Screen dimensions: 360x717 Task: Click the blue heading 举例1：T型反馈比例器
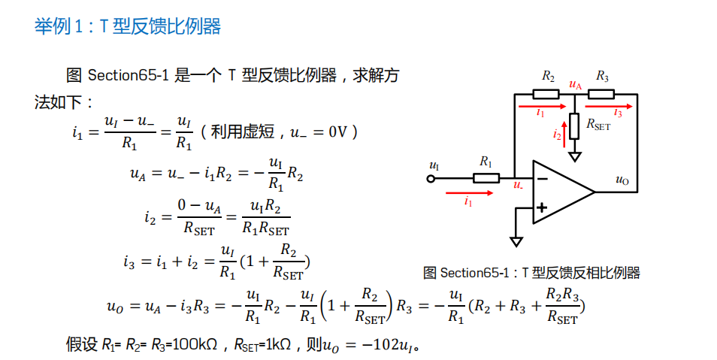coord(128,26)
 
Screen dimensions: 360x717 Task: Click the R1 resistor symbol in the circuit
coord(486,178)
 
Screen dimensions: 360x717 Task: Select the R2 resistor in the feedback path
coord(546,94)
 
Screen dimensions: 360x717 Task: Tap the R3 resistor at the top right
coord(601,94)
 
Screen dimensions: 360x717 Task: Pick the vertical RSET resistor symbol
coord(575,126)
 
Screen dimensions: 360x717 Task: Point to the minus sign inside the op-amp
coord(541,178)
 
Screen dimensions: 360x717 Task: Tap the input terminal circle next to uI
coord(431,179)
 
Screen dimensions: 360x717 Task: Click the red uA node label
coord(576,84)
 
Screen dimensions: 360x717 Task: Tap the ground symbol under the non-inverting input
coord(516,241)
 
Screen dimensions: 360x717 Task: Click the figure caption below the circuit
coord(531,272)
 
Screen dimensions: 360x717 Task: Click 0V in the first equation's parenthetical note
coord(340,132)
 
